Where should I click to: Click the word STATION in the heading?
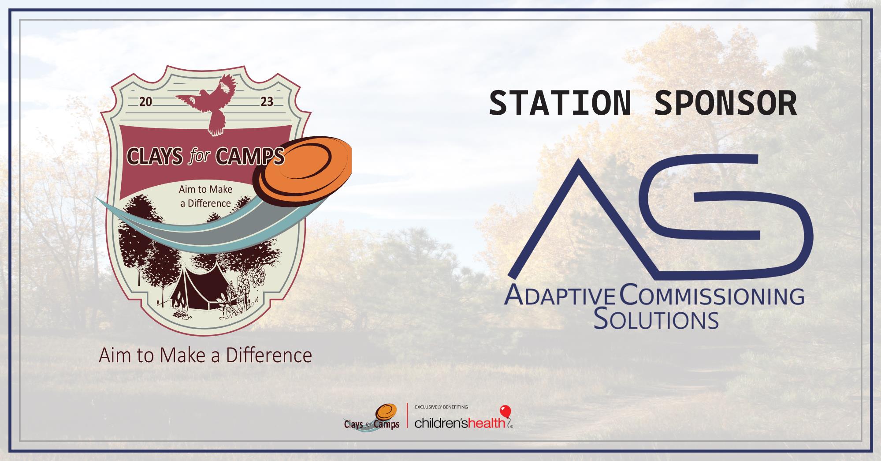[x=560, y=103]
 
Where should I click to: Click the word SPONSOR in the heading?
[x=726, y=103]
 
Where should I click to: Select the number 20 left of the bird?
[x=145, y=102]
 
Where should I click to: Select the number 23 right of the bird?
[x=267, y=102]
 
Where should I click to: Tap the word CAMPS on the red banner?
[x=256, y=156]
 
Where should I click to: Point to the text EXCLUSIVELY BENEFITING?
[x=441, y=407]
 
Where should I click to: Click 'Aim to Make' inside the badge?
[x=205, y=189]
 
